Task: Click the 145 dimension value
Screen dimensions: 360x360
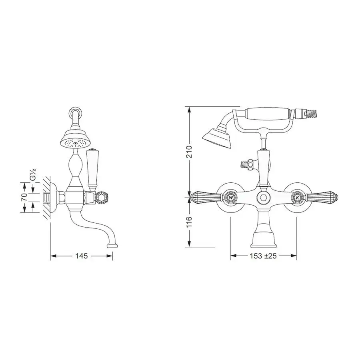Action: click(82, 256)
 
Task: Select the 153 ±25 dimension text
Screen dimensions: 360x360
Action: click(263, 256)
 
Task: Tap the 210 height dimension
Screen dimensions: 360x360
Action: click(189, 151)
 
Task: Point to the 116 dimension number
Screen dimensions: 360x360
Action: click(189, 222)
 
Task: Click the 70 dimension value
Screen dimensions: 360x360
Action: click(24, 197)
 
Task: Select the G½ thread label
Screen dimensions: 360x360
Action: click(33, 175)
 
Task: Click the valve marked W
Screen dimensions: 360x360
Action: click(230, 197)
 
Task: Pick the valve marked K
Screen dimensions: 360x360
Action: click(297, 197)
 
